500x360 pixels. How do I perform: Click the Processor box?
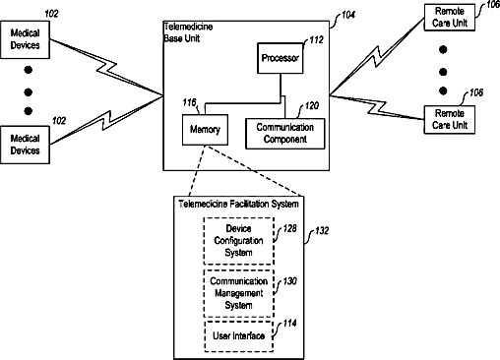280,58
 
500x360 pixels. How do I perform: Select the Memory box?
205,130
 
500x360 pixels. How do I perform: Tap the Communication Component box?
285,134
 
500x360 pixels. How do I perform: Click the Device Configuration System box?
239,241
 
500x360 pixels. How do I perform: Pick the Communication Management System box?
239,293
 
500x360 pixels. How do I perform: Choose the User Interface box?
239,336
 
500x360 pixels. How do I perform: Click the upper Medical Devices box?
25,39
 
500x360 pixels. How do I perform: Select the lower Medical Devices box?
25,145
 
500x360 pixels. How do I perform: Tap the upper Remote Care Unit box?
450,17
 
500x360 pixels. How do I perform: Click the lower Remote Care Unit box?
450,119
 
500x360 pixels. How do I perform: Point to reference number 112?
317,39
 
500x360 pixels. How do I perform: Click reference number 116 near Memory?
189,102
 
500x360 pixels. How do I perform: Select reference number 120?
312,105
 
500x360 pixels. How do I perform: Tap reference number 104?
348,15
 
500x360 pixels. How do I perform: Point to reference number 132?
322,231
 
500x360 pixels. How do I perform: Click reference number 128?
289,228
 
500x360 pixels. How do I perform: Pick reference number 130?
289,281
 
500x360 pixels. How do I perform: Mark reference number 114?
289,324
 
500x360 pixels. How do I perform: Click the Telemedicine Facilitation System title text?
238,204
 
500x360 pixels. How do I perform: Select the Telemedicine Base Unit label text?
188,32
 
